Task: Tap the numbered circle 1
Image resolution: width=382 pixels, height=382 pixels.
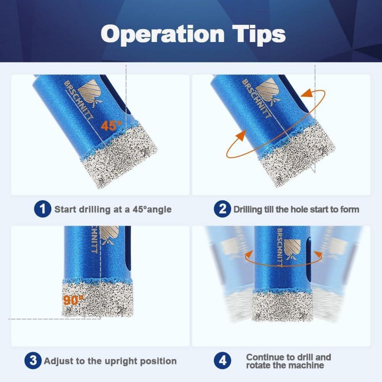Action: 43,209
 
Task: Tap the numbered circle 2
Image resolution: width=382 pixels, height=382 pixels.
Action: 222,209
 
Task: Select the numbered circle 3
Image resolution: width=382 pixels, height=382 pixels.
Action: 33,361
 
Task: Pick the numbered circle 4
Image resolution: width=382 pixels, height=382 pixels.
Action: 222,361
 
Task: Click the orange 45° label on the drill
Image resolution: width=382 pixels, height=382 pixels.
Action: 111,125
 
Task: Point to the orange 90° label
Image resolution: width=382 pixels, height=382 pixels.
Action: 73,300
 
